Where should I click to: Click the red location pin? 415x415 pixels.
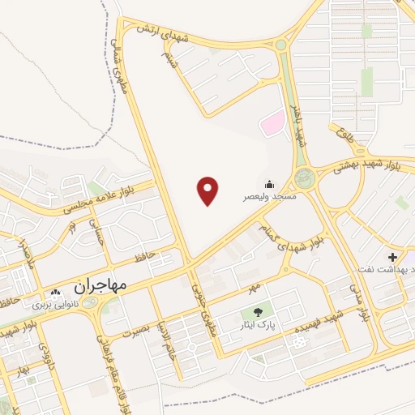click(x=208, y=190)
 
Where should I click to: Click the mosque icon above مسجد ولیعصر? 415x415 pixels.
click(x=268, y=184)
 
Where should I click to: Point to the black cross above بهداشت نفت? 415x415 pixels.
click(x=392, y=257)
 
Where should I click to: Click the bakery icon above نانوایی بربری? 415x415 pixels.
click(x=54, y=292)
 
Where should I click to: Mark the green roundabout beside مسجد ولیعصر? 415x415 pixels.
click(x=304, y=177)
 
